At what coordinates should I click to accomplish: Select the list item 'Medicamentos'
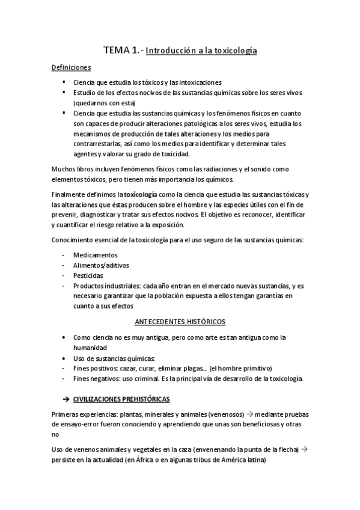tap(95, 254)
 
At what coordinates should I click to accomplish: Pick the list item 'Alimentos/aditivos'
tap(100, 265)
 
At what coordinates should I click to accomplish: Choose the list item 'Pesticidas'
tap(88, 275)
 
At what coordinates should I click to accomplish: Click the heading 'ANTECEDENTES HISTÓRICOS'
tap(180, 321)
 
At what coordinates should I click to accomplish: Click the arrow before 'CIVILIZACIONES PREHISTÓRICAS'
tap(67, 399)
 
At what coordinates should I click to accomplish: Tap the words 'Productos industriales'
tap(106, 285)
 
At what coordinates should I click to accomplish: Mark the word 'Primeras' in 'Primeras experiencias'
tap(66, 414)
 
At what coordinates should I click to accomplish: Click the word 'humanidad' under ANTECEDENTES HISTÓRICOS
tap(90, 348)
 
